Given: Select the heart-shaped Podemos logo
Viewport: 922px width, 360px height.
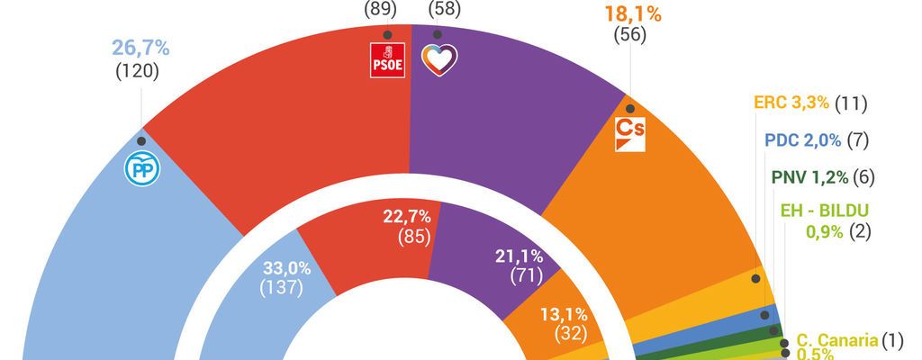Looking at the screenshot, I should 439,58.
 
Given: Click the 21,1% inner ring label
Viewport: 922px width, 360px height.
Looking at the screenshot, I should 518,255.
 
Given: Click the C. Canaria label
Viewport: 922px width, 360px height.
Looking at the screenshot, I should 836,341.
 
